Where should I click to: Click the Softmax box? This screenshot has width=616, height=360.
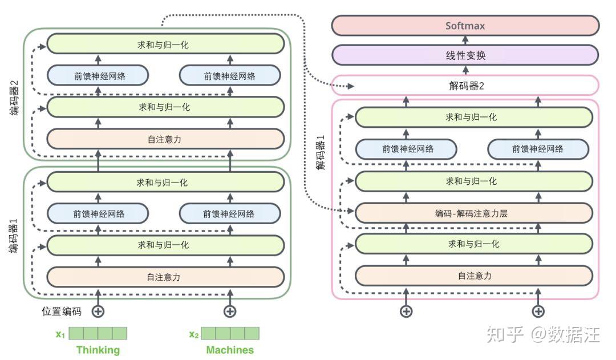point(465,26)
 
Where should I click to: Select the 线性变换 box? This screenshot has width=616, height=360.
point(465,55)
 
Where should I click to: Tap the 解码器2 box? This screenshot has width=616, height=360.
point(465,86)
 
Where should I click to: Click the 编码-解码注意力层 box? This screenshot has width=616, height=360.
point(473,213)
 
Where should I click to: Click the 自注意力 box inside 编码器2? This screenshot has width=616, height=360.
point(165,139)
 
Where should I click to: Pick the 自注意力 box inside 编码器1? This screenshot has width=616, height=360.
point(165,277)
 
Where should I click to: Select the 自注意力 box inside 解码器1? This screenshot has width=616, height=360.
point(473,276)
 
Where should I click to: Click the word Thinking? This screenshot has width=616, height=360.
point(98,350)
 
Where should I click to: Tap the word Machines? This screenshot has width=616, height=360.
point(230,350)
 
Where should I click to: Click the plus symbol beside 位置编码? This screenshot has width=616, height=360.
point(98,312)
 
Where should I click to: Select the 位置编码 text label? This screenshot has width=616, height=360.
point(62,312)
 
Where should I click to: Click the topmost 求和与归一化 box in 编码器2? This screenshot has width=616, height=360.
point(165,44)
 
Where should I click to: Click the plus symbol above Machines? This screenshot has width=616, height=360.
point(230,312)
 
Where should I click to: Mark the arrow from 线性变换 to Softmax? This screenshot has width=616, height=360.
point(465,41)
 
